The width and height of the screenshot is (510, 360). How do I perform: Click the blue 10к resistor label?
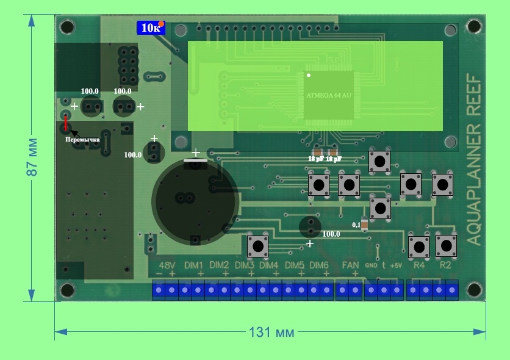(x=150, y=27)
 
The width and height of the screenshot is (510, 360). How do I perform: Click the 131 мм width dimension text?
(x=271, y=333)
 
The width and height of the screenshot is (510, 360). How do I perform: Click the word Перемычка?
(x=82, y=140)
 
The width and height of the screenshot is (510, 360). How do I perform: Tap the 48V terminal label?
(x=167, y=265)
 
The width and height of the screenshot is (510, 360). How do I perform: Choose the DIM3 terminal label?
(x=244, y=265)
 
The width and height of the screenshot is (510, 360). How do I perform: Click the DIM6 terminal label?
(x=319, y=265)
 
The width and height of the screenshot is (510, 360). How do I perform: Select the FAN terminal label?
(x=350, y=265)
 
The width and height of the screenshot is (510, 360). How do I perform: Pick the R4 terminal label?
(x=419, y=265)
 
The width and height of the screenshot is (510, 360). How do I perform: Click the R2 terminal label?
(x=445, y=265)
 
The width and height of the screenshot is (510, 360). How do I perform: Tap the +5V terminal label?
(x=396, y=265)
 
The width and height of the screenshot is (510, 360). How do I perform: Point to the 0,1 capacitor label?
(x=356, y=225)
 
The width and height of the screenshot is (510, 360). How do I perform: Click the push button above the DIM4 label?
(x=257, y=247)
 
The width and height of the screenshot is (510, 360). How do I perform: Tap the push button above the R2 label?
(x=446, y=246)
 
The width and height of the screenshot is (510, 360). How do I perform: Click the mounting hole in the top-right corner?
(x=473, y=27)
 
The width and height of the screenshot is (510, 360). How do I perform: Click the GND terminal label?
(x=371, y=265)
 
